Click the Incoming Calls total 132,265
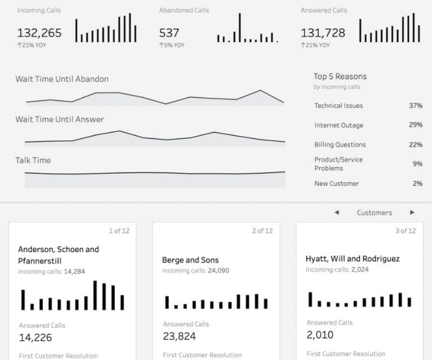pos(39,33)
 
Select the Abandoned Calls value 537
pos(169,33)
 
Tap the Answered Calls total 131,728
pos(323,33)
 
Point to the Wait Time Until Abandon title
pos(62,79)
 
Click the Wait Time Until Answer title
pos(60,119)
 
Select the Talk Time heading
pos(33,160)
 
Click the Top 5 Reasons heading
pos(340,76)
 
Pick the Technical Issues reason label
pos(339,106)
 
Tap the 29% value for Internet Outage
pos(416,125)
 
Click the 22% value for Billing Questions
pos(416,145)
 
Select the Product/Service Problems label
pos(339,164)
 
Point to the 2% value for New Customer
pos(417,183)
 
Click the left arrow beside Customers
pos(337,213)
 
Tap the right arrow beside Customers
pos(412,213)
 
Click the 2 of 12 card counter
pos(262,231)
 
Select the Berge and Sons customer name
pos(190,260)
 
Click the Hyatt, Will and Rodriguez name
pos(353,259)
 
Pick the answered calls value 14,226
pos(35,337)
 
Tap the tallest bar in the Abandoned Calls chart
pos(240,28)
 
